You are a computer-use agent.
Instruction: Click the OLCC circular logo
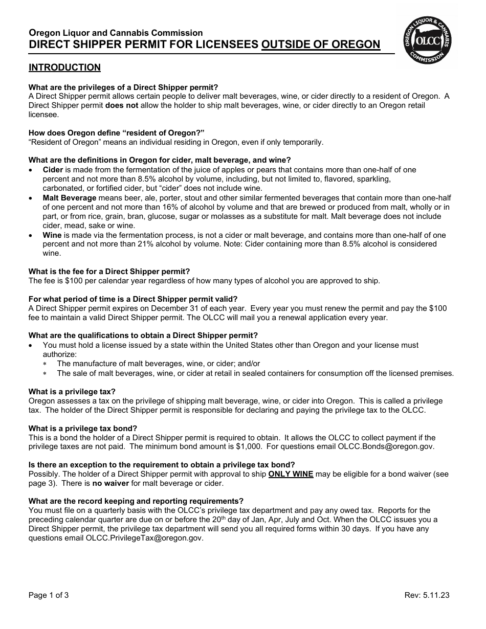click(x=428, y=40)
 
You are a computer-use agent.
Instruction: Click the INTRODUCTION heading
click(x=64, y=68)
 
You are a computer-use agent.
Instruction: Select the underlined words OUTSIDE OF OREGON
click(x=321, y=44)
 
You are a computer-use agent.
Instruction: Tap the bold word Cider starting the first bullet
click(x=53, y=170)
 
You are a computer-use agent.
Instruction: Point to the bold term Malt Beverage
click(x=70, y=198)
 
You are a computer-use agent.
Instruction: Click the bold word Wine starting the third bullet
click(x=52, y=235)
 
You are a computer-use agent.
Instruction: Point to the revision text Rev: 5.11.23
click(x=427, y=595)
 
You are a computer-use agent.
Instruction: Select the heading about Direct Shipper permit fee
click(x=109, y=272)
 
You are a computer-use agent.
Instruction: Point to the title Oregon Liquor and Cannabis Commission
click(x=116, y=33)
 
